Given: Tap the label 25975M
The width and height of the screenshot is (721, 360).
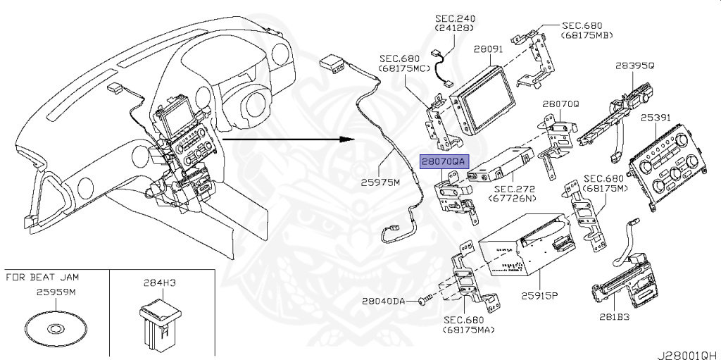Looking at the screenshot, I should (380, 182).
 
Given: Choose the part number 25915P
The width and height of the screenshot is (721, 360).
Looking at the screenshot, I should (539, 294).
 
